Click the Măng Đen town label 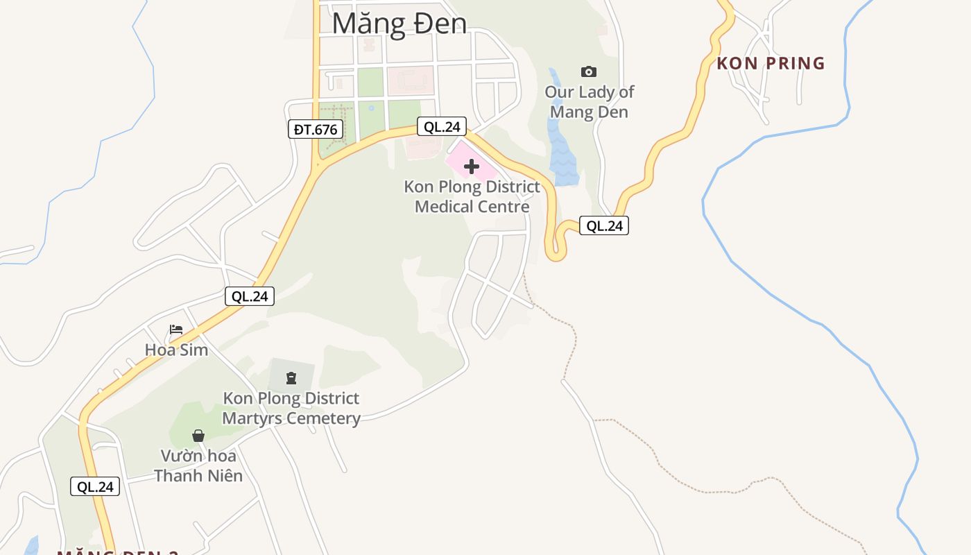point(399,23)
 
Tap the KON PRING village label point(771,64)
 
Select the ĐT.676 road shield point(316,129)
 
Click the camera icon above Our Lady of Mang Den point(588,71)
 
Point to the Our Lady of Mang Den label point(589,102)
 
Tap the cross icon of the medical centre point(472,166)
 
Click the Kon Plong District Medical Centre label point(472,196)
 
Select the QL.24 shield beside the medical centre point(441,126)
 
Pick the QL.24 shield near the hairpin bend point(604,225)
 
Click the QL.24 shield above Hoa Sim point(250,296)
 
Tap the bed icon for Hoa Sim point(176,330)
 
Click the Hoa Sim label point(176,350)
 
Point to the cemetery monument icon point(291,378)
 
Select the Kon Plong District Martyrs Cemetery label point(291,408)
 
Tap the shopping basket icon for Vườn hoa point(198,436)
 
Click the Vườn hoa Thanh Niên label point(198,466)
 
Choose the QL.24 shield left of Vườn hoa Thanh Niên point(95,486)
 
